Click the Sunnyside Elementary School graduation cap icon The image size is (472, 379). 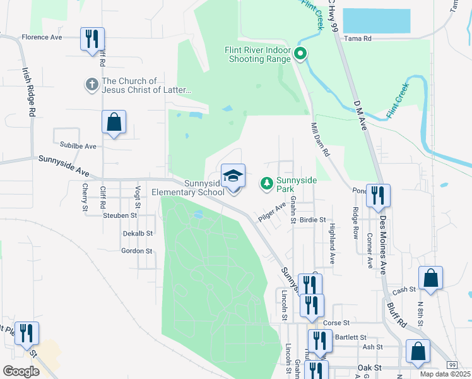(233, 176)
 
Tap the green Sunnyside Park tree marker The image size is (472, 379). (267, 183)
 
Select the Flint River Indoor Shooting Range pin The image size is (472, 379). (302, 55)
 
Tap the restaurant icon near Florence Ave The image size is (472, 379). (92, 39)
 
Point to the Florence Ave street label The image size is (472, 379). (42, 37)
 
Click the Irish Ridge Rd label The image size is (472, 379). (28, 92)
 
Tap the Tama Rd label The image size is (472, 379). (358, 38)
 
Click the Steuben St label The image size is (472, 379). (120, 215)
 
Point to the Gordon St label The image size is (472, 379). (137, 251)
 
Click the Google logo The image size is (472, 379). (21, 371)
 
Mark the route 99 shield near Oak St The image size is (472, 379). (452, 365)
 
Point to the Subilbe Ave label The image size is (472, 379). (74, 146)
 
